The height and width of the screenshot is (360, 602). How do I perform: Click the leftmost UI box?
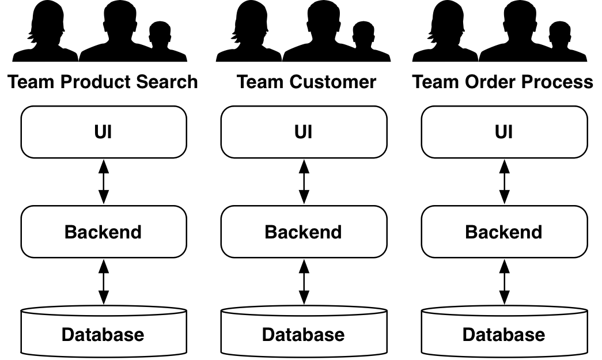coord(104,132)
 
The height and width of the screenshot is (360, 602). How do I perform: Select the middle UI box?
coord(304,132)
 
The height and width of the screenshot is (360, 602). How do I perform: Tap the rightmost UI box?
coord(504,132)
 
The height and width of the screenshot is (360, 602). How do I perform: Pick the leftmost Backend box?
coord(104,232)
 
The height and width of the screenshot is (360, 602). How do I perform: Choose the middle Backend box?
coord(304,232)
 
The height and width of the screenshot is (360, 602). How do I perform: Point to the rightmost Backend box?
coord(504,232)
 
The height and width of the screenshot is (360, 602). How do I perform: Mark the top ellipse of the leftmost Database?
coord(104,312)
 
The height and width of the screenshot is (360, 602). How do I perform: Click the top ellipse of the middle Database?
coord(304,312)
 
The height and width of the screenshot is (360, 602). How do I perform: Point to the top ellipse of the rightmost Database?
coord(504,312)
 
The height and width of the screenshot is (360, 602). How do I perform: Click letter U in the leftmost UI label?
coord(100,132)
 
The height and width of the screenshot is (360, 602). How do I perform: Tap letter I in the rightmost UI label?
coord(510,132)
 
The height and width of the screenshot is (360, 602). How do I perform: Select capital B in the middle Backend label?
coord(271,232)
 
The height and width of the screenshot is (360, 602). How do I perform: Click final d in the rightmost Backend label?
coord(536,232)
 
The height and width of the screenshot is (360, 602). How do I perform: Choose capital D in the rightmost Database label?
coord(469,335)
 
